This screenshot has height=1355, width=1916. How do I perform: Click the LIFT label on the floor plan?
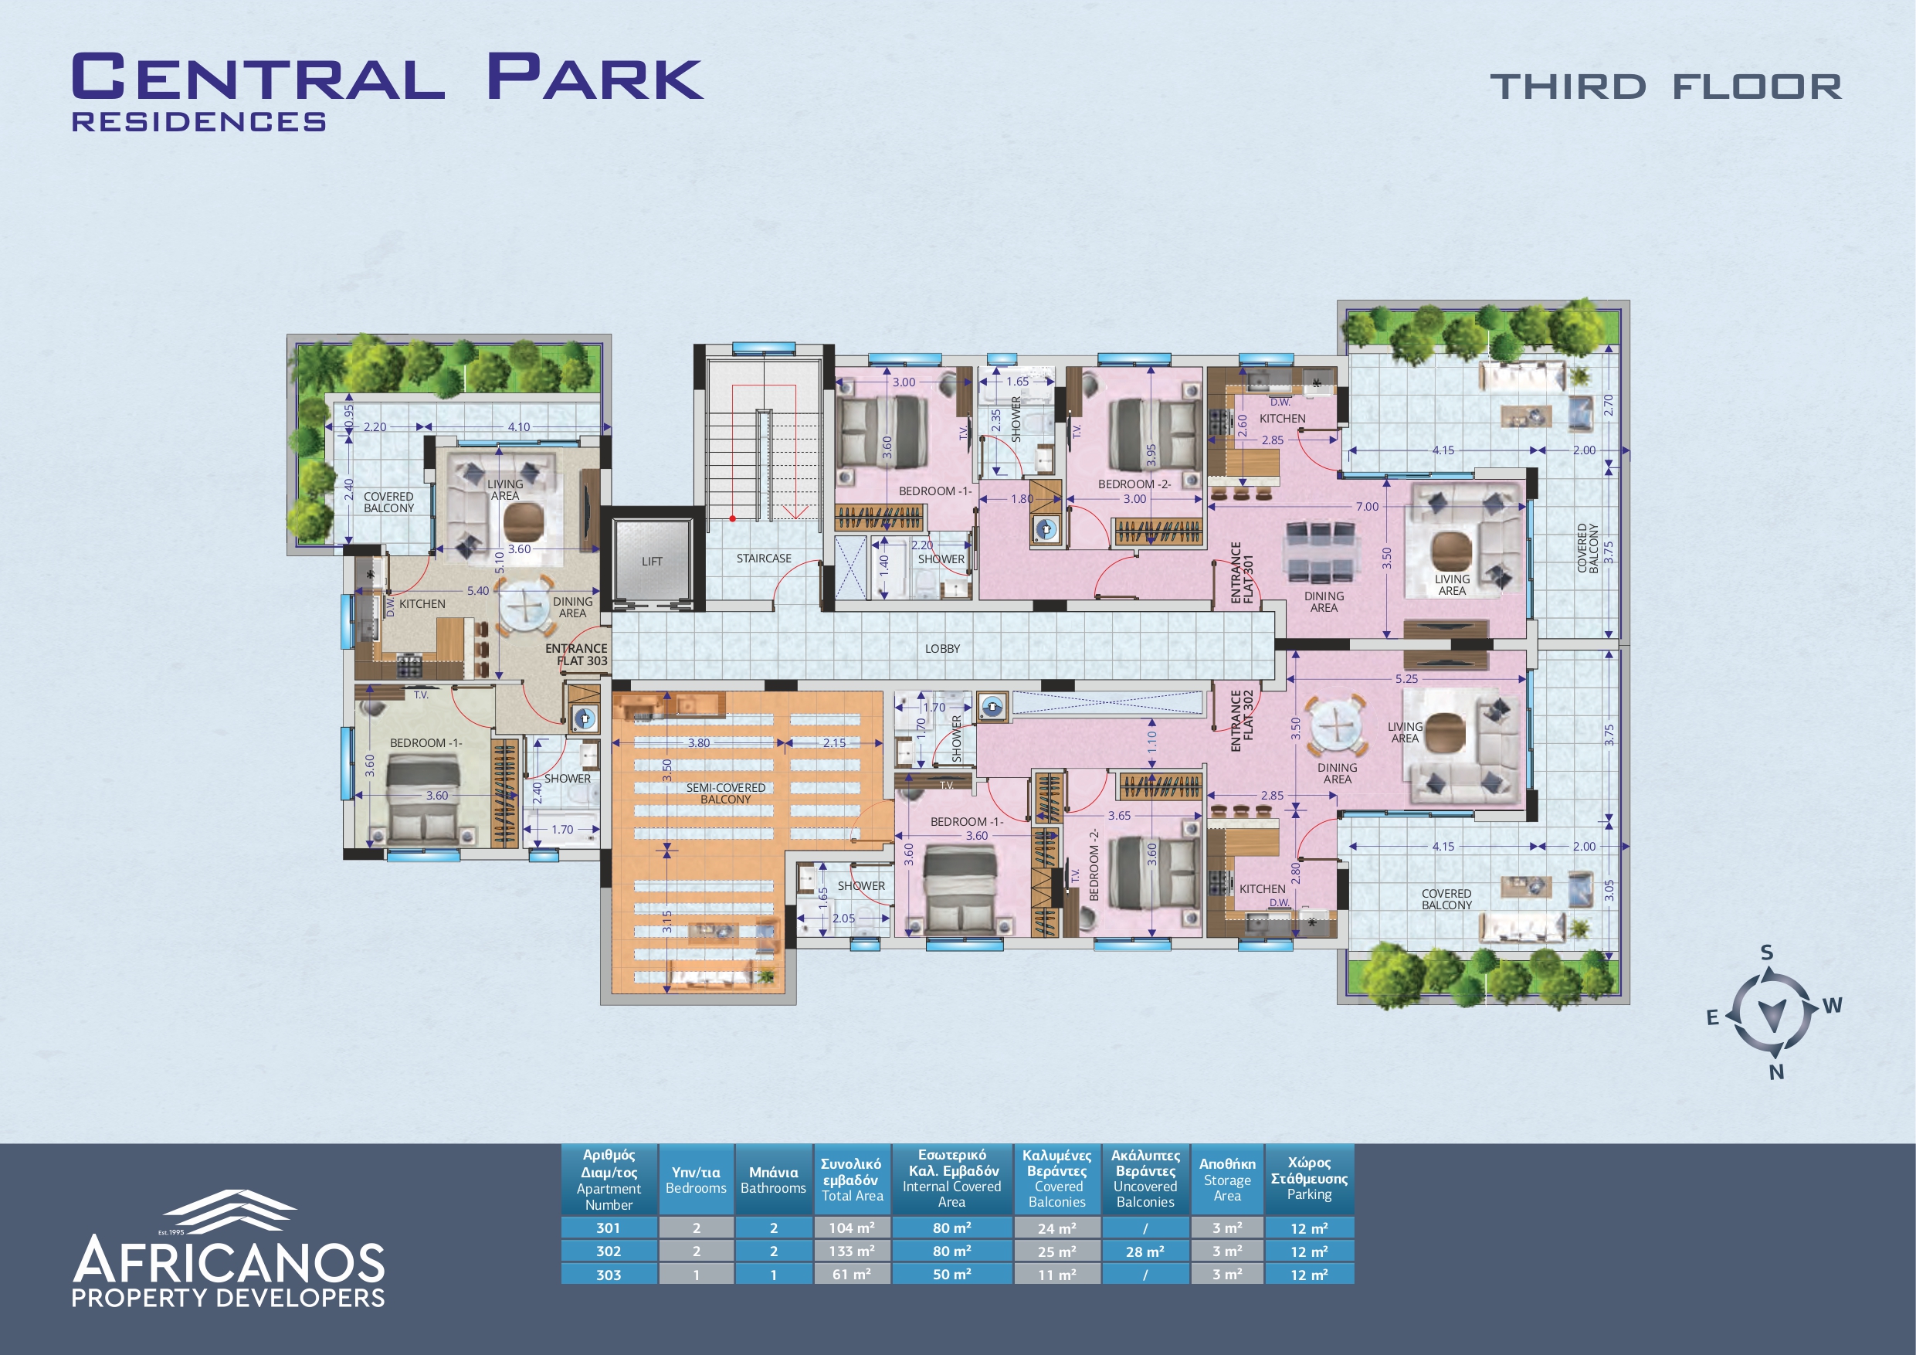(x=652, y=562)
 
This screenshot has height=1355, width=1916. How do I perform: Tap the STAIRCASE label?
(x=764, y=559)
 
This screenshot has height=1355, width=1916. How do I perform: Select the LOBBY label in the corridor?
(x=942, y=649)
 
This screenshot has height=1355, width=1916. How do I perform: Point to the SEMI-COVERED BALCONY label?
(x=726, y=793)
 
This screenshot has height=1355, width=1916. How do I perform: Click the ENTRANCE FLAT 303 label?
(x=577, y=654)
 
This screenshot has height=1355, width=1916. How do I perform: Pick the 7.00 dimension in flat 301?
(x=1367, y=507)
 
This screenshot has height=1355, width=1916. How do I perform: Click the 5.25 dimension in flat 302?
(x=1406, y=679)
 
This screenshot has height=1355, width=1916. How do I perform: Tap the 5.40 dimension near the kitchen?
(x=478, y=591)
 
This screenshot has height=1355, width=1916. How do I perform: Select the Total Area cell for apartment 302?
(x=852, y=1251)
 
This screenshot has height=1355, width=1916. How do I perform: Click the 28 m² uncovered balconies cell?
(x=1145, y=1251)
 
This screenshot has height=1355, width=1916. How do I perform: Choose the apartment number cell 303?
(x=609, y=1274)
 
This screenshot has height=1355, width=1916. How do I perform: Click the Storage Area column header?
(x=1226, y=1179)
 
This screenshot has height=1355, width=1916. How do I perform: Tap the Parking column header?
(x=1309, y=1179)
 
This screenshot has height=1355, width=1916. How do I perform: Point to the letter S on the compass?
(x=1767, y=953)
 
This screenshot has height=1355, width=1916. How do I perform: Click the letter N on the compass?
(x=1777, y=1072)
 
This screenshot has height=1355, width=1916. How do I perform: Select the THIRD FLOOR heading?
(x=1666, y=87)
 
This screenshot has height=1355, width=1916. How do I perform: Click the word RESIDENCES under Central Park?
(x=198, y=122)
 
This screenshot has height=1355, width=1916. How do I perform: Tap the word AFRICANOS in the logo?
(x=229, y=1261)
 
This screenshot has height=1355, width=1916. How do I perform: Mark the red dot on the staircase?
(x=733, y=518)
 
